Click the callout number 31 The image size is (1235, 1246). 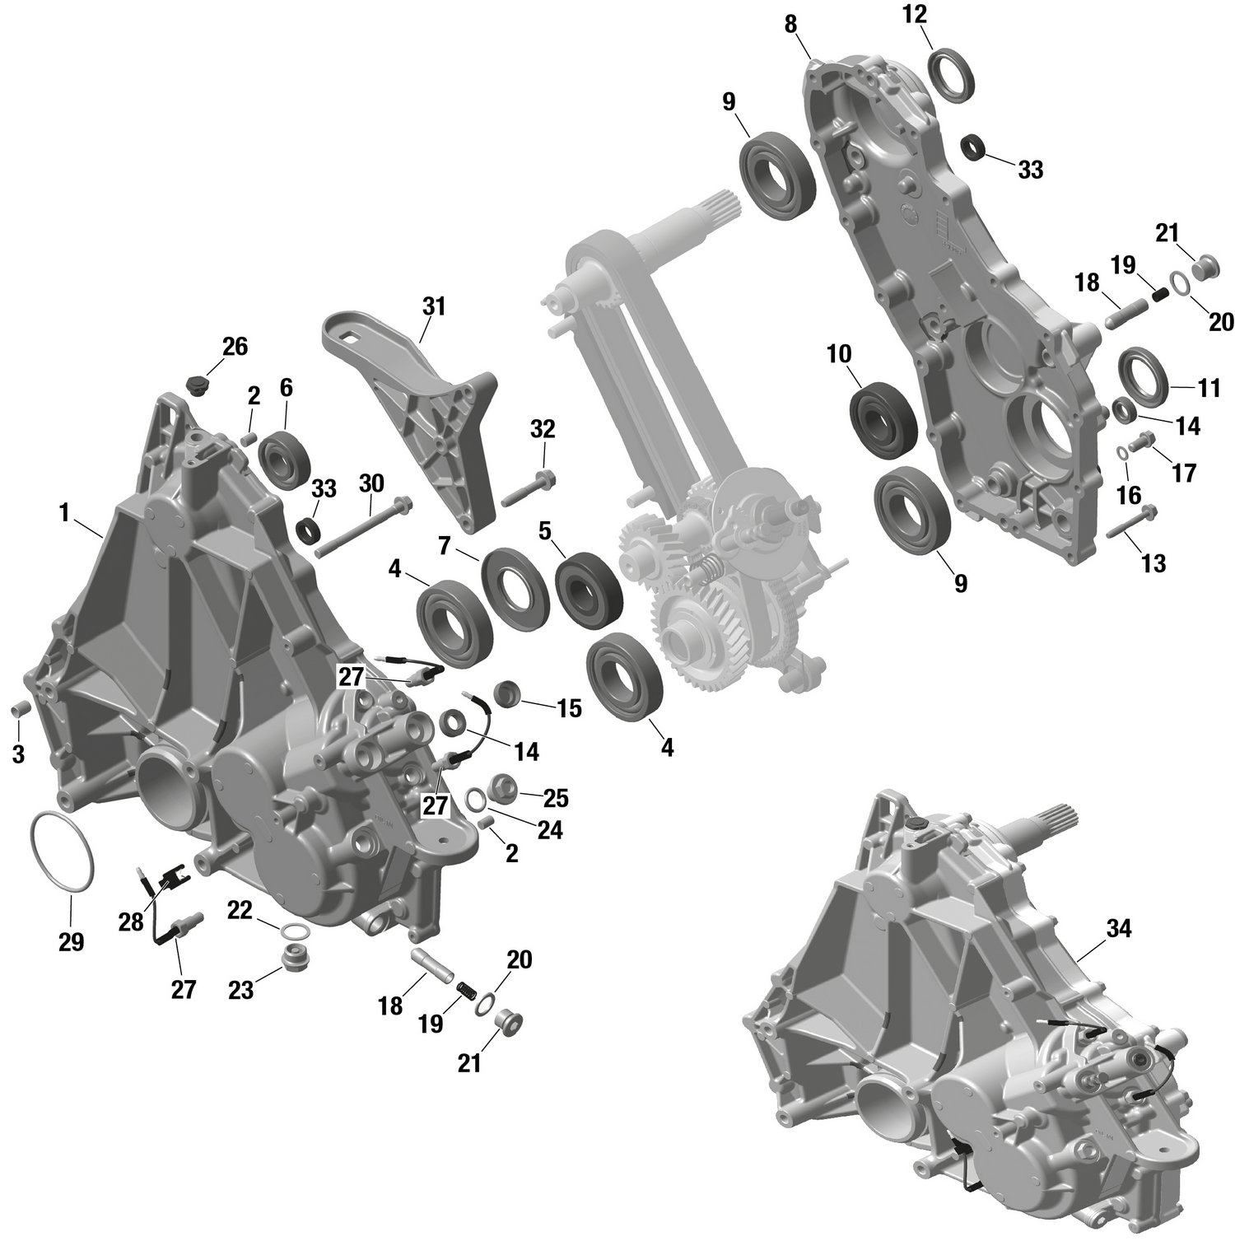433,306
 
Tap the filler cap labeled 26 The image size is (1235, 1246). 198,384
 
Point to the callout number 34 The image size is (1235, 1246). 1118,929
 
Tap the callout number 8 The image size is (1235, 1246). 790,25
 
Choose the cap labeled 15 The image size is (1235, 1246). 506,694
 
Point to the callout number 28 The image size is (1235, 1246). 131,922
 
